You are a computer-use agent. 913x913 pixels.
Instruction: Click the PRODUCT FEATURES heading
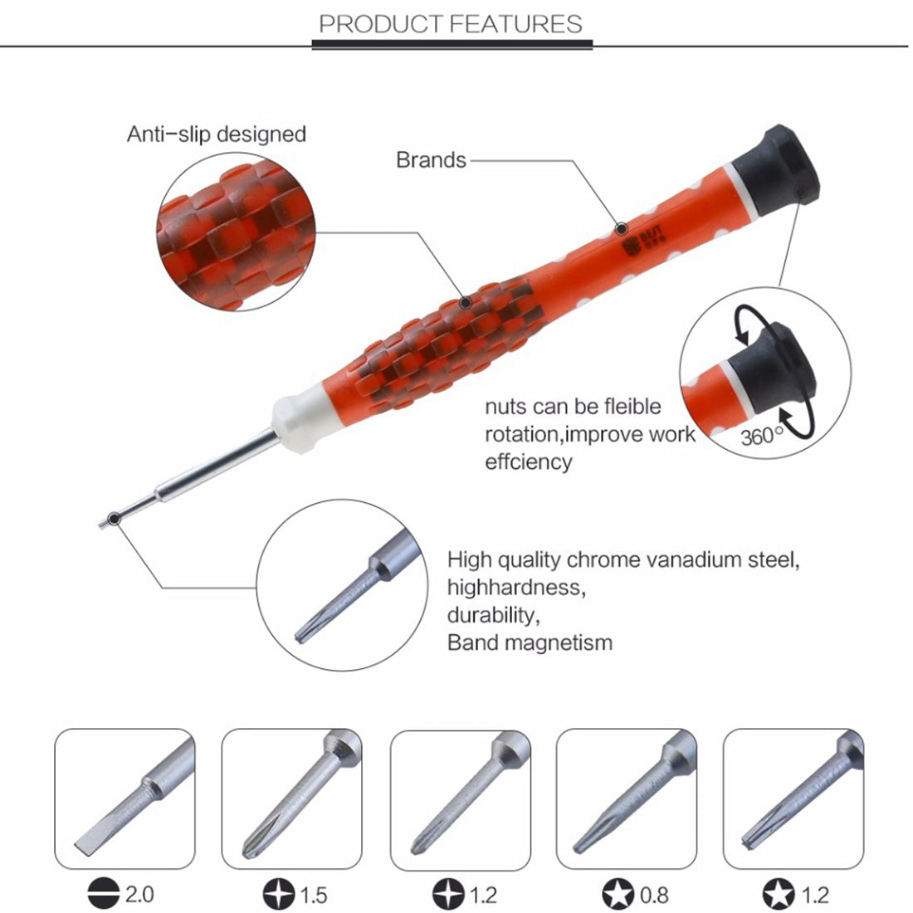451,23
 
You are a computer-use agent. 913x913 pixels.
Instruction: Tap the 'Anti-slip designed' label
216,134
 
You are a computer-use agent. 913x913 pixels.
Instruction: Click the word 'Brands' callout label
431,159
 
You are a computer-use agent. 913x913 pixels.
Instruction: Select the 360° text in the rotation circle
761,435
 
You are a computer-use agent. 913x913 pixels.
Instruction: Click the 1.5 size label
313,895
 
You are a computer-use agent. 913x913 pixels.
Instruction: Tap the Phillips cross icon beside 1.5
279,895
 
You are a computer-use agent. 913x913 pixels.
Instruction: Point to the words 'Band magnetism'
530,642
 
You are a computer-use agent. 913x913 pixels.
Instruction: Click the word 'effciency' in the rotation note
528,461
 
